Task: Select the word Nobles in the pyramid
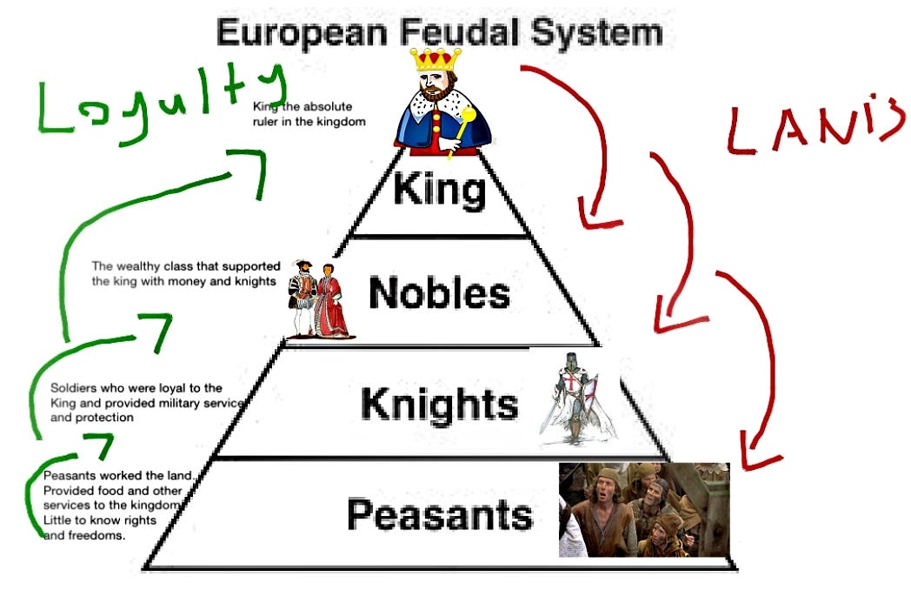coord(439,294)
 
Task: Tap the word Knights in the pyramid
coord(439,404)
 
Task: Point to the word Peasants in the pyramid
coord(439,515)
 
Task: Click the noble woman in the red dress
coord(330,300)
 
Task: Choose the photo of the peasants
coord(644,510)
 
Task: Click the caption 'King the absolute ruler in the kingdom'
coord(309,114)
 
